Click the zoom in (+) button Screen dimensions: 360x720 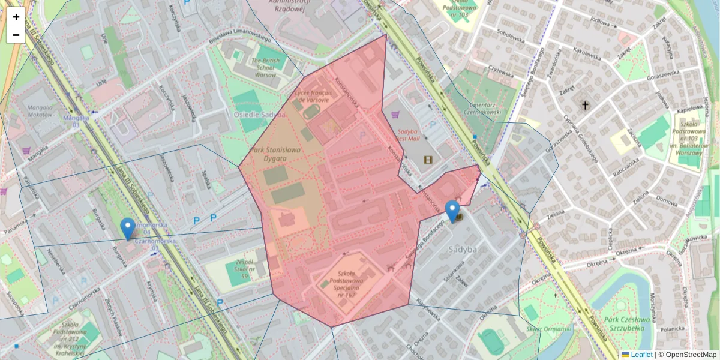click(16, 17)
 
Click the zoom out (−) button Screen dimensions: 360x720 click(16, 35)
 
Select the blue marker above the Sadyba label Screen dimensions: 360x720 click(453, 211)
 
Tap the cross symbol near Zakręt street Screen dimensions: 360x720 click(585, 106)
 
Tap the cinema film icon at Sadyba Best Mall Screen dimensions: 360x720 click(427, 160)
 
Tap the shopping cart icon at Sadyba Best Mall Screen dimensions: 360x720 click(395, 114)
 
